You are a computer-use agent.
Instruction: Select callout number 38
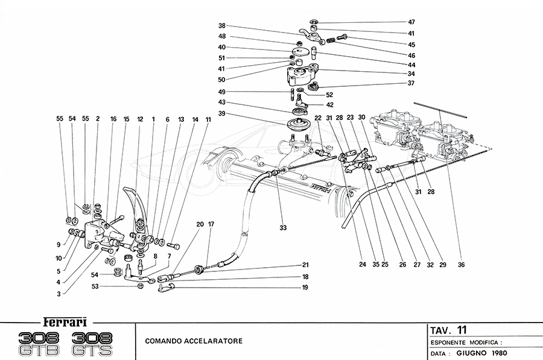tap(222, 26)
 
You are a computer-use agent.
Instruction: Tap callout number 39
tap(222, 114)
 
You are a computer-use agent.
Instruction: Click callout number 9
tap(58, 245)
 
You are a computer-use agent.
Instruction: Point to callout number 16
tap(113, 119)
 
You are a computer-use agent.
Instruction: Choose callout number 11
tap(208, 119)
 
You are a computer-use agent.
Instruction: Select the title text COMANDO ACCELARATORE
tap(194, 341)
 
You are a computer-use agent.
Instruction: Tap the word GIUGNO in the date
tap(474, 352)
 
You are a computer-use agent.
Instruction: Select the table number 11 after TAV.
tap(462, 329)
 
